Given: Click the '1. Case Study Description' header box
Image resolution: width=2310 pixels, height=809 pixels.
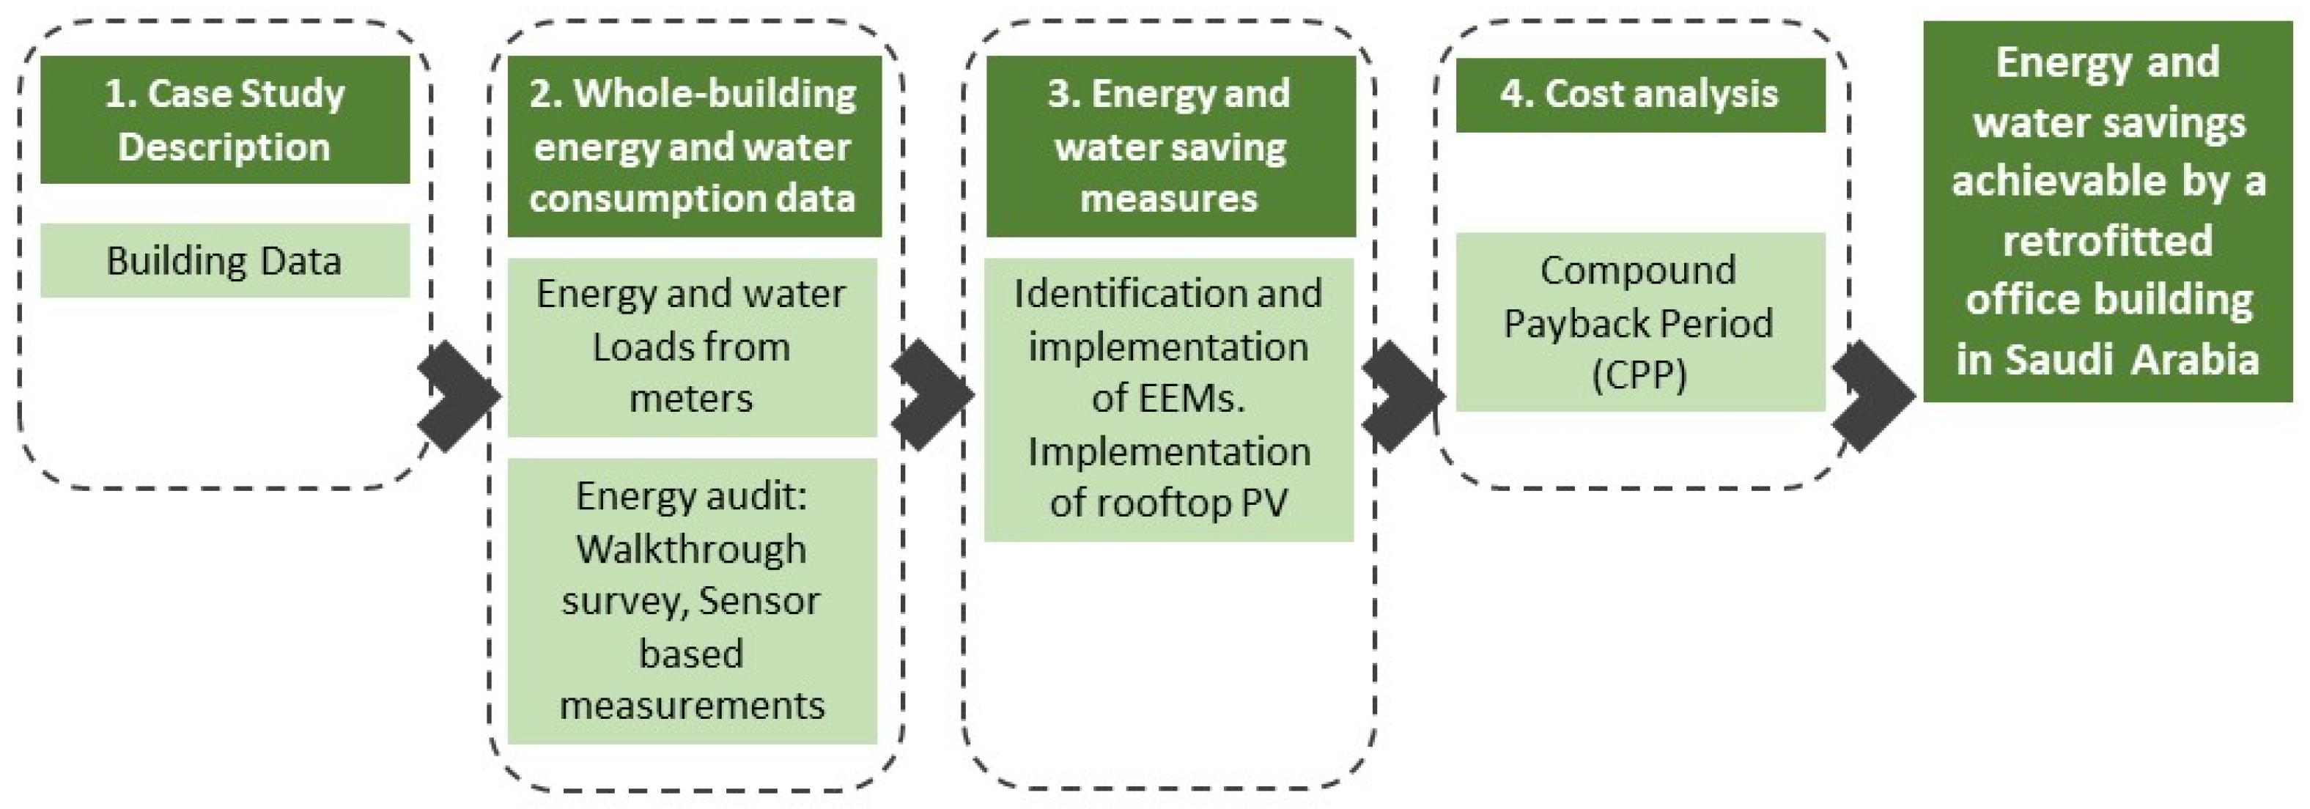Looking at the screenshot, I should click(x=224, y=119).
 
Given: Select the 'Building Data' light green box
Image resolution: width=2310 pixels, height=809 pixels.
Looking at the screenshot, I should click(x=224, y=261).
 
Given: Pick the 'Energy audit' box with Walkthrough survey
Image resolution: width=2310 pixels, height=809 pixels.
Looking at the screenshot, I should click(x=691, y=601).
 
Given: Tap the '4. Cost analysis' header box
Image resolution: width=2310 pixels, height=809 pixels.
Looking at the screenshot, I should click(x=1639, y=95).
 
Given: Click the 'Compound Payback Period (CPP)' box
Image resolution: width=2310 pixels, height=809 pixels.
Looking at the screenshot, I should click(x=1639, y=322).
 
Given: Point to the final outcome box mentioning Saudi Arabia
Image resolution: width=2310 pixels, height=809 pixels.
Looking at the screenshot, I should click(x=2107, y=211).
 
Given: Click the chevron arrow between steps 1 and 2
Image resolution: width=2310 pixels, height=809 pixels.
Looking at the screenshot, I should click(x=457, y=396).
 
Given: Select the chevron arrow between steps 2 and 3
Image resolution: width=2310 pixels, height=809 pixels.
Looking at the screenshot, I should click(x=931, y=396).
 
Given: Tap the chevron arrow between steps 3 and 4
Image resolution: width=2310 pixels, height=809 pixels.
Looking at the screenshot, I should click(x=1401, y=396).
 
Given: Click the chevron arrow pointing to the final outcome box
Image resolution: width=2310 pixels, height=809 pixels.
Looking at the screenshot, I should click(x=1872, y=396).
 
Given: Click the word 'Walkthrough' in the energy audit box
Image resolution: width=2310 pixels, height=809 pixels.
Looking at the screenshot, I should click(x=691, y=549).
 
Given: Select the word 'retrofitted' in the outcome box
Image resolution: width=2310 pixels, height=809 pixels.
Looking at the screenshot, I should click(x=2107, y=240).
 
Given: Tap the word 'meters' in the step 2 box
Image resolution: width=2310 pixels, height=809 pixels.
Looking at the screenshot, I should click(x=691, y=398).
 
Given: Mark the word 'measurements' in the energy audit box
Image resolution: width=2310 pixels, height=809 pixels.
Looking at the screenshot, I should click(x=691, y=706).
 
